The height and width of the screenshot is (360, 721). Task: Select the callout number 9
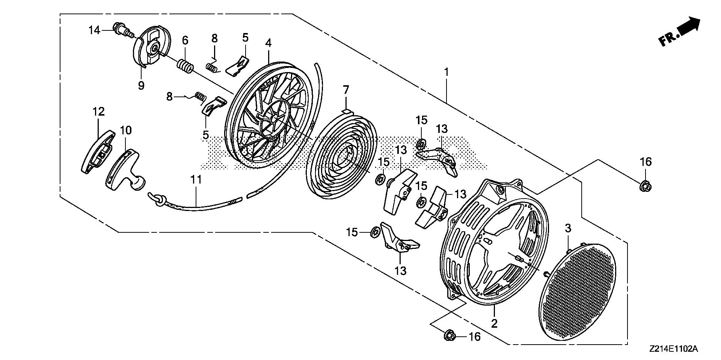tap(141, 86)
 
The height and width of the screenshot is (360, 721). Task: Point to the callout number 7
tap(345, 90)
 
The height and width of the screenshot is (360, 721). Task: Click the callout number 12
tap(98, 111)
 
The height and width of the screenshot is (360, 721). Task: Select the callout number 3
tap(568, 228)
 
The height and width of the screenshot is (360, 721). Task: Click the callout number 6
tap(185, 40)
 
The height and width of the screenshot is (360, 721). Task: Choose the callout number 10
tap(126, 130)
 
